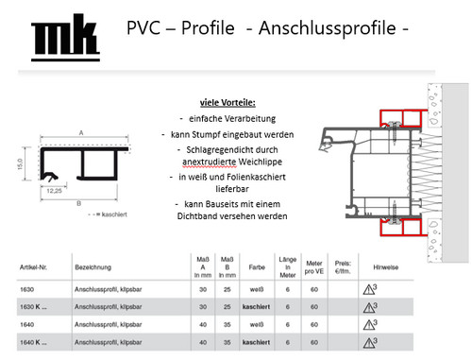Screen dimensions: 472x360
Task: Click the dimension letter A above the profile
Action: point(82,132)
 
